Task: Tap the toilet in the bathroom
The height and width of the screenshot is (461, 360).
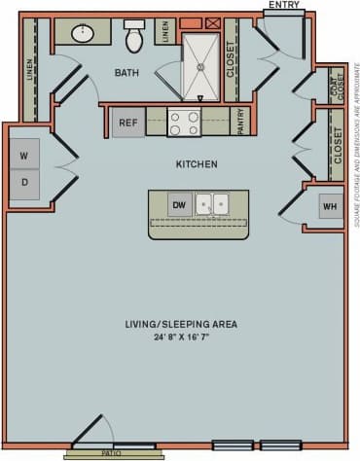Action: [x=134, y=37]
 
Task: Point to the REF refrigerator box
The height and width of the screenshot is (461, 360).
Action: [x=127, y=124]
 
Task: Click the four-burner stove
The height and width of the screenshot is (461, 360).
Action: [x=185, y=124]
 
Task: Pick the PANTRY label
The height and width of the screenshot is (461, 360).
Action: [x=241, y=122]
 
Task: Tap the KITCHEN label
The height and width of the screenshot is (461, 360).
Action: [x=196, y=164]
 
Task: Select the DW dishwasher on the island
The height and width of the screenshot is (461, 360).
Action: [x=178, y=205]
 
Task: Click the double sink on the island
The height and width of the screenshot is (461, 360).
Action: [x=212, y=204]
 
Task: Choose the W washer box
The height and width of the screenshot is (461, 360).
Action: [x=23, y=155]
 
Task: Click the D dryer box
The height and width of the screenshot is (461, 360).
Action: [x=23, y=182]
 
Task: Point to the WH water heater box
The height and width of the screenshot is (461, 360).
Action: [x=330, y=206]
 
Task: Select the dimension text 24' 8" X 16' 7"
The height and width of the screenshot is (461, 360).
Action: [x=180, y=337]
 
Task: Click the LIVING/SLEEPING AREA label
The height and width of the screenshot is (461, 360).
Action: [x=180, y=324]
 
